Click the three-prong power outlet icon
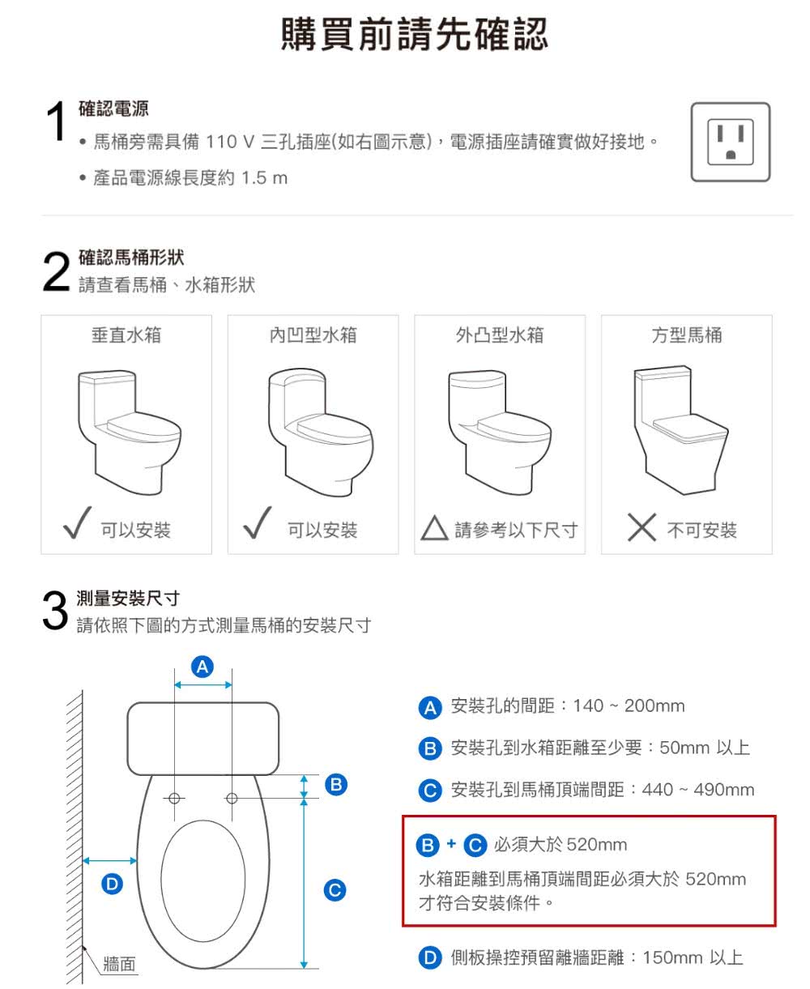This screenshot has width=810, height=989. coord(730,142)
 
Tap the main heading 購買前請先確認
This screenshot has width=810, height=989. coord(414,34)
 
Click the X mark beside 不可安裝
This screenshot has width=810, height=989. coord(641,528)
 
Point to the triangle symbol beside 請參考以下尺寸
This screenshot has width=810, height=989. coord(434,530)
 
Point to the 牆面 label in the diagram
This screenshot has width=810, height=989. coord(119,964)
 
